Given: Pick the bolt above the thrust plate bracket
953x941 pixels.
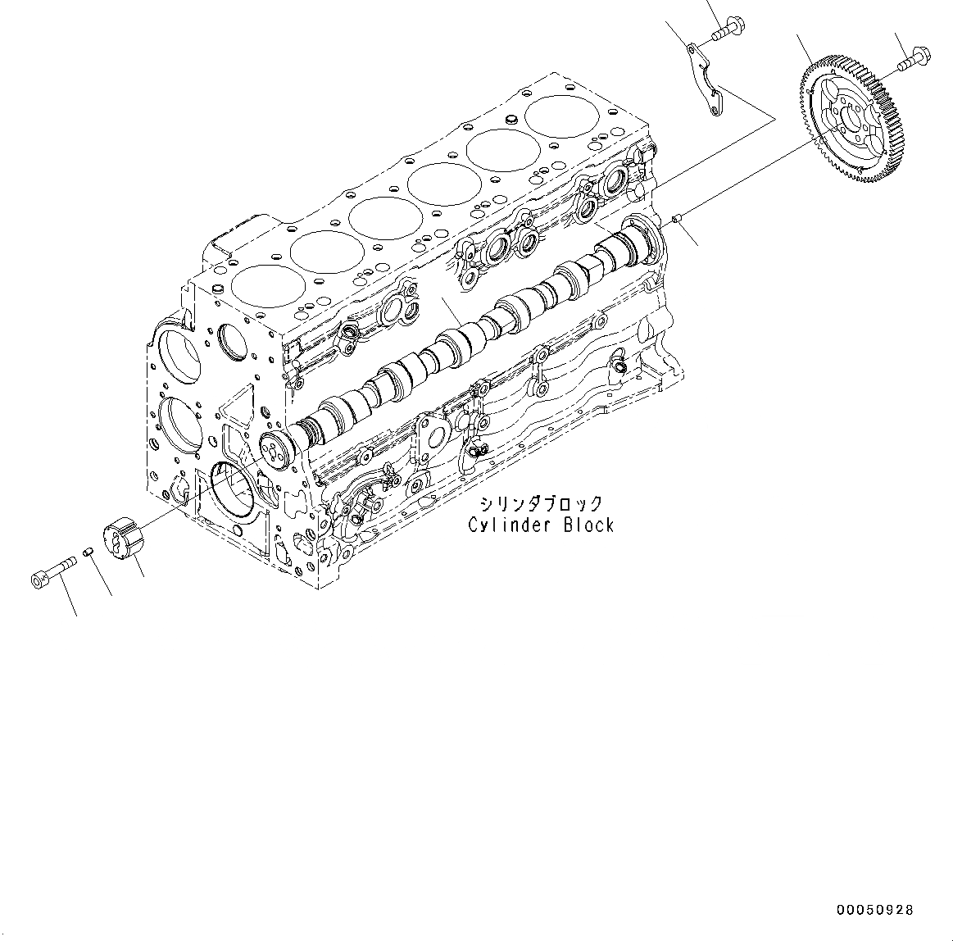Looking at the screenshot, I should [x=724, y=30].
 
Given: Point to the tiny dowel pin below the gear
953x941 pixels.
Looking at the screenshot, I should [x=675, y=217].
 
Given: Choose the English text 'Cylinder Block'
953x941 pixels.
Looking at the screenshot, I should [x=540, y=525].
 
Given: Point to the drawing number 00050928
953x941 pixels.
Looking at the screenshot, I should [x=874, y=910].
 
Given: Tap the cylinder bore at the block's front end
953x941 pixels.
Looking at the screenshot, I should [x=264, y=284].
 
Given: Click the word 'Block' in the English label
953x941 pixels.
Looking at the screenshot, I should [x=588, y=525].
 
